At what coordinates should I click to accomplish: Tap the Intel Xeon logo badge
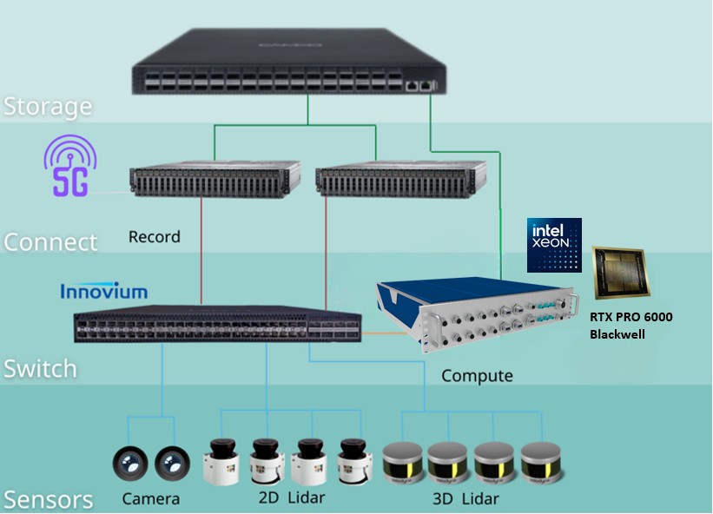point(554,245)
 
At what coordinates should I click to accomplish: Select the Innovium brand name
point(103,291)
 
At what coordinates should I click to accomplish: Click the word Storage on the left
point(48,107)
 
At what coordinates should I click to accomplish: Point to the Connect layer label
point(50,241)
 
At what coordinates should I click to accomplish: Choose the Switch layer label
point(40,368)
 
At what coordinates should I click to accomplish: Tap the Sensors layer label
point(48,500)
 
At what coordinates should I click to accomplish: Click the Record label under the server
point(154,236)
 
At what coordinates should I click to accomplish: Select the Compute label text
point(477,376)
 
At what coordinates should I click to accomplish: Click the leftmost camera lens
point(129,464)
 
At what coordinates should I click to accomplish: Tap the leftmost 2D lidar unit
point(221,460)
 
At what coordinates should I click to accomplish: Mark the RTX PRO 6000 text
point(630,317)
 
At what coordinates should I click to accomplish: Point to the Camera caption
point(151,498)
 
